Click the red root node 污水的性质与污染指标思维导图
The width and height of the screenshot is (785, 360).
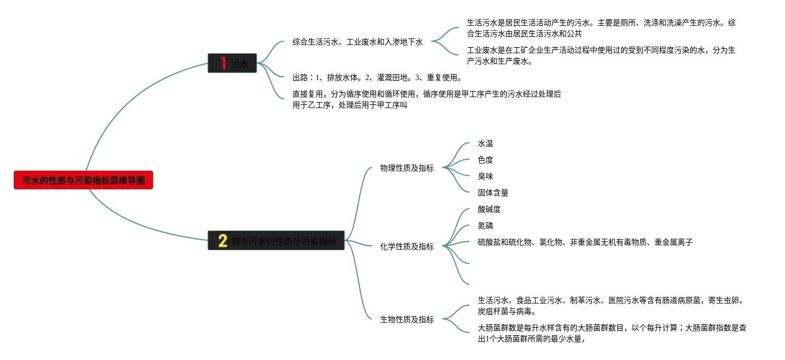[83, 181]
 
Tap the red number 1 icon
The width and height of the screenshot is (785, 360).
[223, 63]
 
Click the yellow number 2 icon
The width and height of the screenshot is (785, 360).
[223, 240]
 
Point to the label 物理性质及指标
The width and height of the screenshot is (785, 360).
[406, 168]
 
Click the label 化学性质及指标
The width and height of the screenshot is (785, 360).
[406, 246]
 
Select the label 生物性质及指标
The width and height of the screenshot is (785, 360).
[406, 319]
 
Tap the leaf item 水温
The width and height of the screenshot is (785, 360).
[485, 144]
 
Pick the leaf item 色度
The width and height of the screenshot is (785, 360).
[485, 160]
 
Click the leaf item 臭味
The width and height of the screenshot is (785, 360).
[485, 177]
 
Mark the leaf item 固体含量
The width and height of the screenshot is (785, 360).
[493, 193]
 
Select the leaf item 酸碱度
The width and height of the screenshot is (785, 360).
[489, 210]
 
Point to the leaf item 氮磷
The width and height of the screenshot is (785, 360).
[485, 226]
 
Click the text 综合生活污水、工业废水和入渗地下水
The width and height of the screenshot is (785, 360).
[358, 42]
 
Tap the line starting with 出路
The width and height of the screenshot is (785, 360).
[377, 77]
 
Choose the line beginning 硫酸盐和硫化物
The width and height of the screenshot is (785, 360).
[585, 242]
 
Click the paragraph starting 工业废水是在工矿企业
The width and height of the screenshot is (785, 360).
[601, 55]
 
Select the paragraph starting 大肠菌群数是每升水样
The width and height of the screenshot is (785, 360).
[612, 333]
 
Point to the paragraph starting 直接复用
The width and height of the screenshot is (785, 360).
[427, 99]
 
